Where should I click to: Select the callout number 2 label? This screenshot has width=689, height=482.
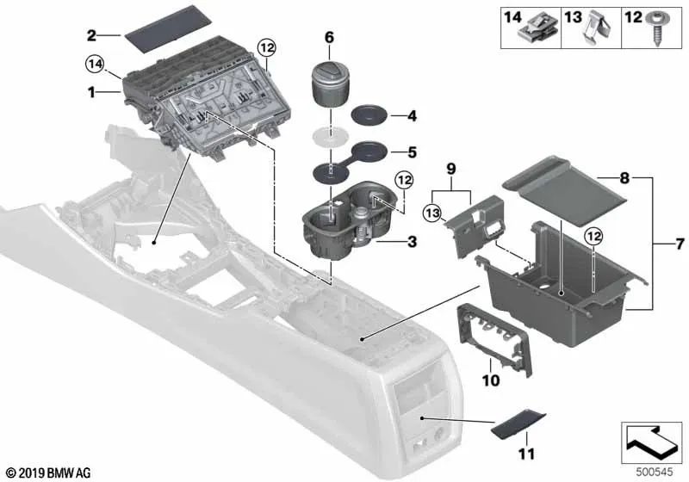click(91, 35)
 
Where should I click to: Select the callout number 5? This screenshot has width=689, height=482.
click(412, 152)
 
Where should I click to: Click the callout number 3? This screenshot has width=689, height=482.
click(412, 243)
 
